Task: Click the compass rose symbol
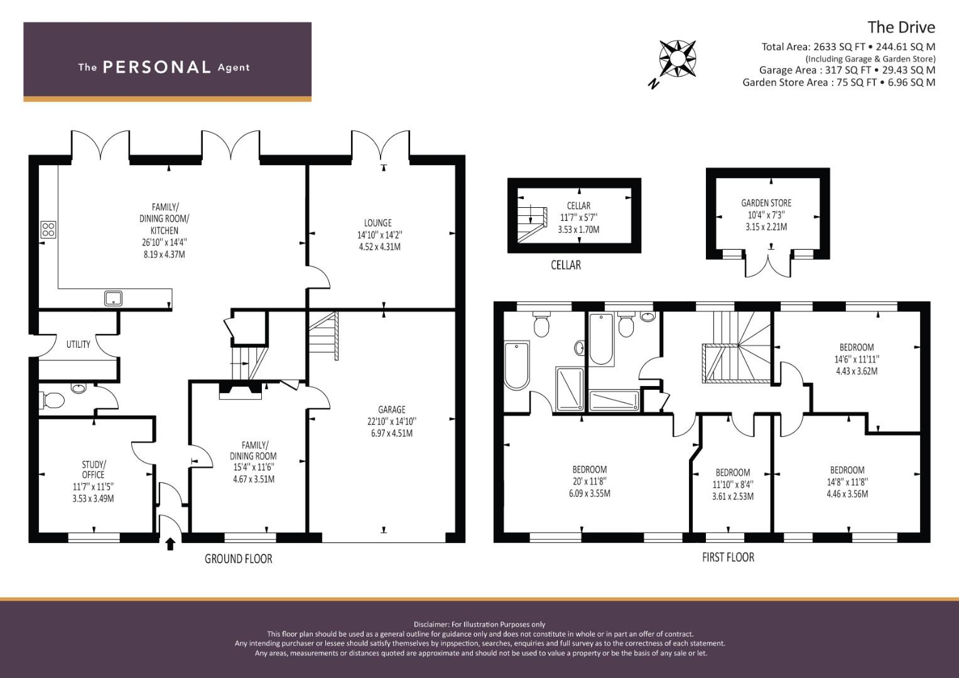[677, 59]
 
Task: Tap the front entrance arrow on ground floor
[170, 544]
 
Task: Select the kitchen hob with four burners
[48, 230]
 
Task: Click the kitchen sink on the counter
[114, 298]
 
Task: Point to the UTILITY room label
[79, 344]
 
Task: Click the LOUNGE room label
[378, 223]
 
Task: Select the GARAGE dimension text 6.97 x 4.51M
[391, 433]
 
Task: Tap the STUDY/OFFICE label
[94, 470]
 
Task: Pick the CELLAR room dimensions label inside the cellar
[578, 218]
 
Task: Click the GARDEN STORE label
[766, 203]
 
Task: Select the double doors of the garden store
[768, 264]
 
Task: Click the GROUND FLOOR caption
[239, 559]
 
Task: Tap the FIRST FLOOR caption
[728, 557]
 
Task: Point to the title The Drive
[901, 27]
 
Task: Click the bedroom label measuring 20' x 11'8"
[590, 481]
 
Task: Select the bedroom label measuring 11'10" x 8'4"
[733, 484]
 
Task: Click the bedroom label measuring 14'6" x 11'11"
[857, 359]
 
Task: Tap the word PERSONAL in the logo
[156, 67]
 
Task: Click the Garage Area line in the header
[847, 70]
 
